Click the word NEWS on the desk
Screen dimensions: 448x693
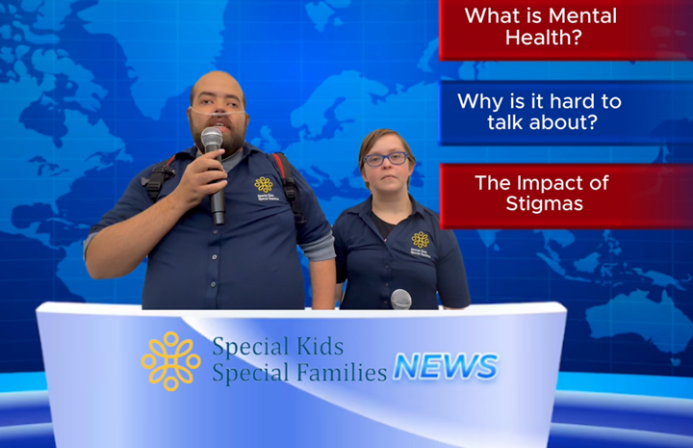[446, 366]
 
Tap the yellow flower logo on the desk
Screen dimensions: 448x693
[170, 360]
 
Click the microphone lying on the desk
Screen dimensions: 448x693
[400, 300]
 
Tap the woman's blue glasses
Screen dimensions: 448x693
[386, 158]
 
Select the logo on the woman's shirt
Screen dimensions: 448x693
[420, 241]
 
